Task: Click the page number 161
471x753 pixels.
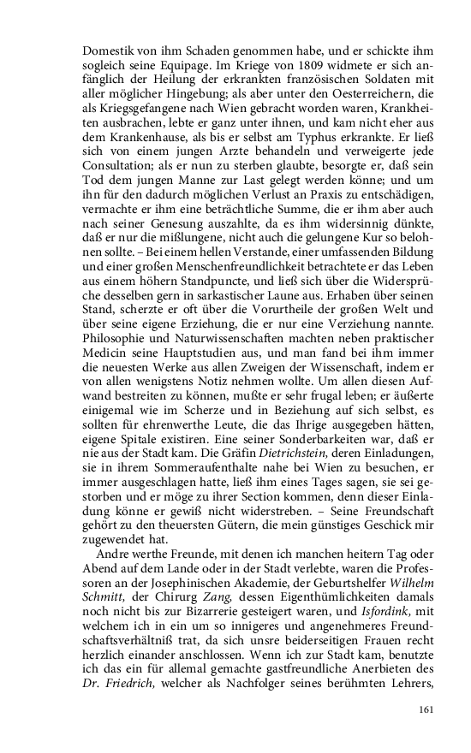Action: pyautogui.click(x=427, y=709)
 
